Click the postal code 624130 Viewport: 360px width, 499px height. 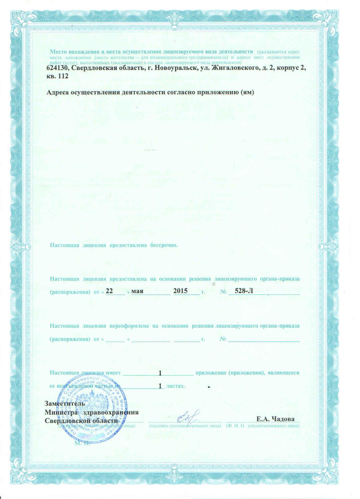click(x=57, y=68)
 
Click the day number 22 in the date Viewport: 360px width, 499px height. click(x=109, y=291)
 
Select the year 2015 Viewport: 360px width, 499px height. click(x=180, y=291)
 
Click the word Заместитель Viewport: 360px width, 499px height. click(x=64, y=403)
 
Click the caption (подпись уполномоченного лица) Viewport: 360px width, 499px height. click(x=185, y=426)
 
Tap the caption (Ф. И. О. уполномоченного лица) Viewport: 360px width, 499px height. click(x=262, y=426)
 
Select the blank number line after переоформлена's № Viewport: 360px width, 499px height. click(x=264, y=340)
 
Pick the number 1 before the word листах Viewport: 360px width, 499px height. click(x=160, y=386)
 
